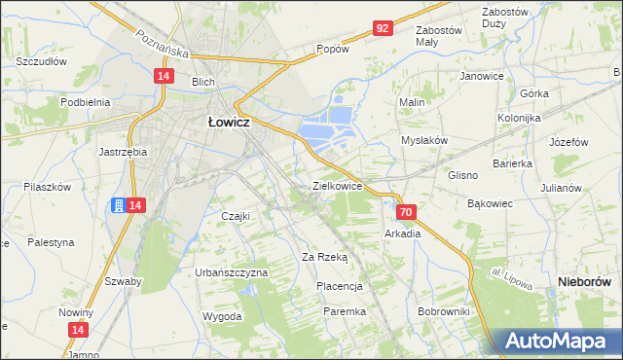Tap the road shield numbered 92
coord(383,28)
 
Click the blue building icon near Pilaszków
coord(117,205)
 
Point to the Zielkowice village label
coord(338,185)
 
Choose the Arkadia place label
coord(402,234)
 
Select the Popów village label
coord(332,49)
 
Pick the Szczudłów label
coord(41,60)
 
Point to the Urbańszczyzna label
coord(231,272)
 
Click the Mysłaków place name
coord(424,140)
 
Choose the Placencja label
coord(340,286)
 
